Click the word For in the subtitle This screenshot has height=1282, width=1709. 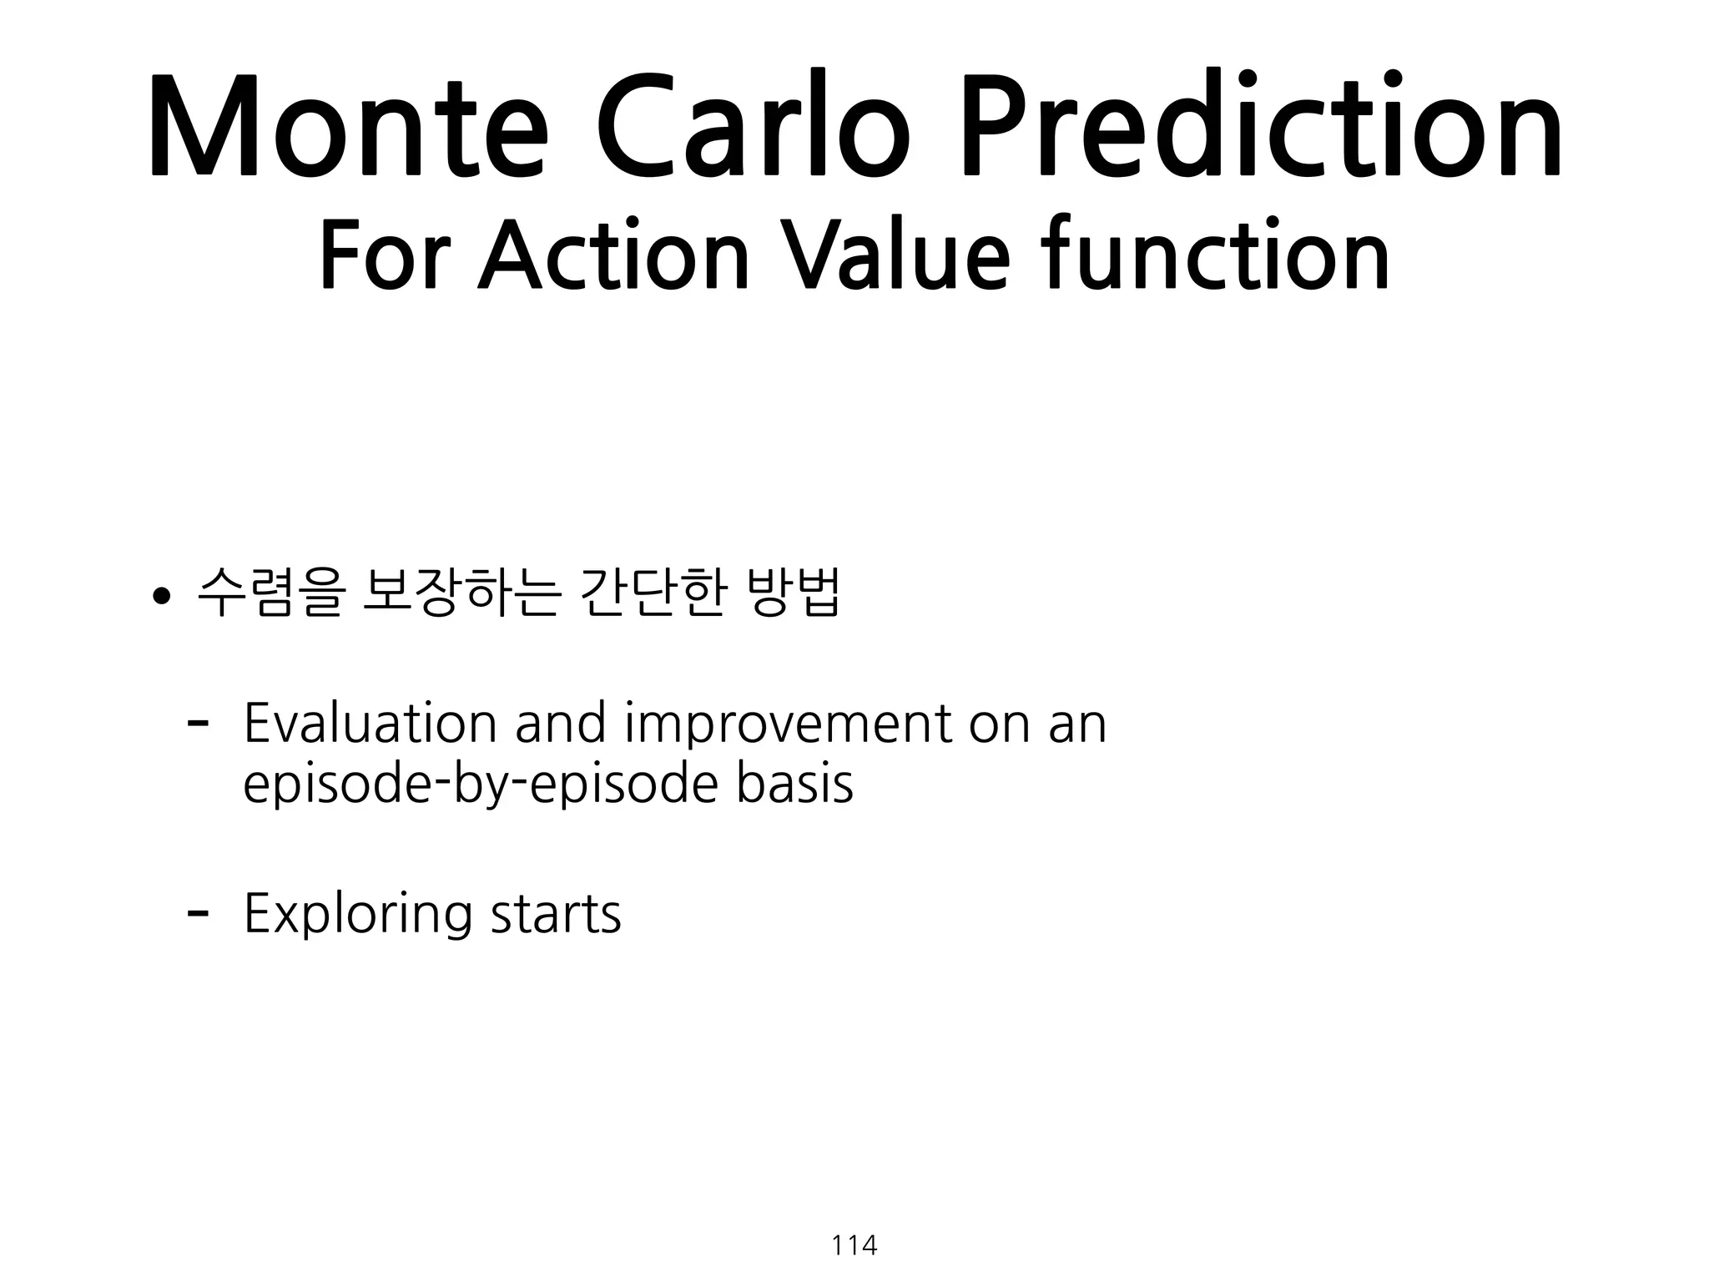tap(385, 255)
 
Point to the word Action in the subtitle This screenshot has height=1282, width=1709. tap(614, 255)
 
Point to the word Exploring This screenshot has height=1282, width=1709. tap(357, 915)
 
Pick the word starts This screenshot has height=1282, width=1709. tap(556, 915)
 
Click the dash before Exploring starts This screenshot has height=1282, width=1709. tap(198, 912)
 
